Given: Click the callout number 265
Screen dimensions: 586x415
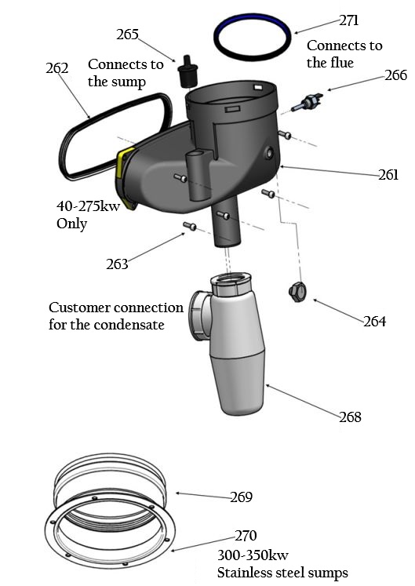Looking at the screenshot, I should click(x=127, y=35).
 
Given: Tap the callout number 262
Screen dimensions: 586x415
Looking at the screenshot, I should click(x=58, y=68).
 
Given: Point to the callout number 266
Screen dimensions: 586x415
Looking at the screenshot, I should click(x=396, y=76).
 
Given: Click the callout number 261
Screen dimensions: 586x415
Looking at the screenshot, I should click(x=388, y=175).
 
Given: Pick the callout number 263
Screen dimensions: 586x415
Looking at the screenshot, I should click(x=118, y=264).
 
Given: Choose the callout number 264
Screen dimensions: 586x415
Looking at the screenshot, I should click(x=375, y=321).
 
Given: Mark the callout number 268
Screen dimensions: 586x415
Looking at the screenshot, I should click(x=350, y=417).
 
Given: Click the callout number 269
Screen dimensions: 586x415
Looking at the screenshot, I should click(x=242, y=497).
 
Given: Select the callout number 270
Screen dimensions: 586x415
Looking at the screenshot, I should click(x=246, y=537).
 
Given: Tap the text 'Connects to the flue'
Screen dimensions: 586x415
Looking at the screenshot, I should click(x=344, y=53).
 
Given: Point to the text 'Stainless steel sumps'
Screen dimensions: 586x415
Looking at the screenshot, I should click(x=282, y=573).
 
